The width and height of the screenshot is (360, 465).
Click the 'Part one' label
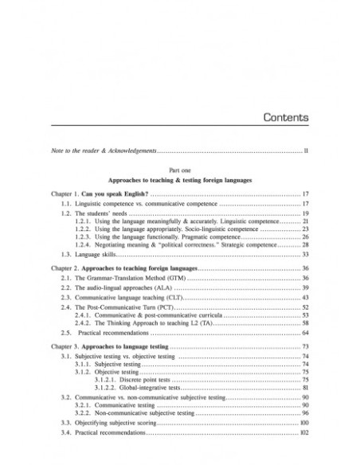(x=179, y=170)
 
